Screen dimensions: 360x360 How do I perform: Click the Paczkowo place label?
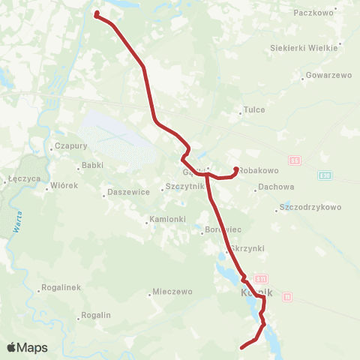[x=316, y=13]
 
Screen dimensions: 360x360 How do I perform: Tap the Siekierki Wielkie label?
[x=304, y=48]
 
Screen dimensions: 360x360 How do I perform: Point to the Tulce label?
[x=255, y=109]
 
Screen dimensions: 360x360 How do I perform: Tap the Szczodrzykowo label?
[x=310, y=207]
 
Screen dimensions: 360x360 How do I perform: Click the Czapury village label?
[x=71, y=146]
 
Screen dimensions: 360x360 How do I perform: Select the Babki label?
[x=93, y=165]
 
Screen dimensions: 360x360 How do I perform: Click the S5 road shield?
[x=295, y=160]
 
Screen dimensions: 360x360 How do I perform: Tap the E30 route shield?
[x=324, y=175]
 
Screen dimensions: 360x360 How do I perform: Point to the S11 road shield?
[x=260, y=277]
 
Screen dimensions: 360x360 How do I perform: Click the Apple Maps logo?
[x=27, y=348]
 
